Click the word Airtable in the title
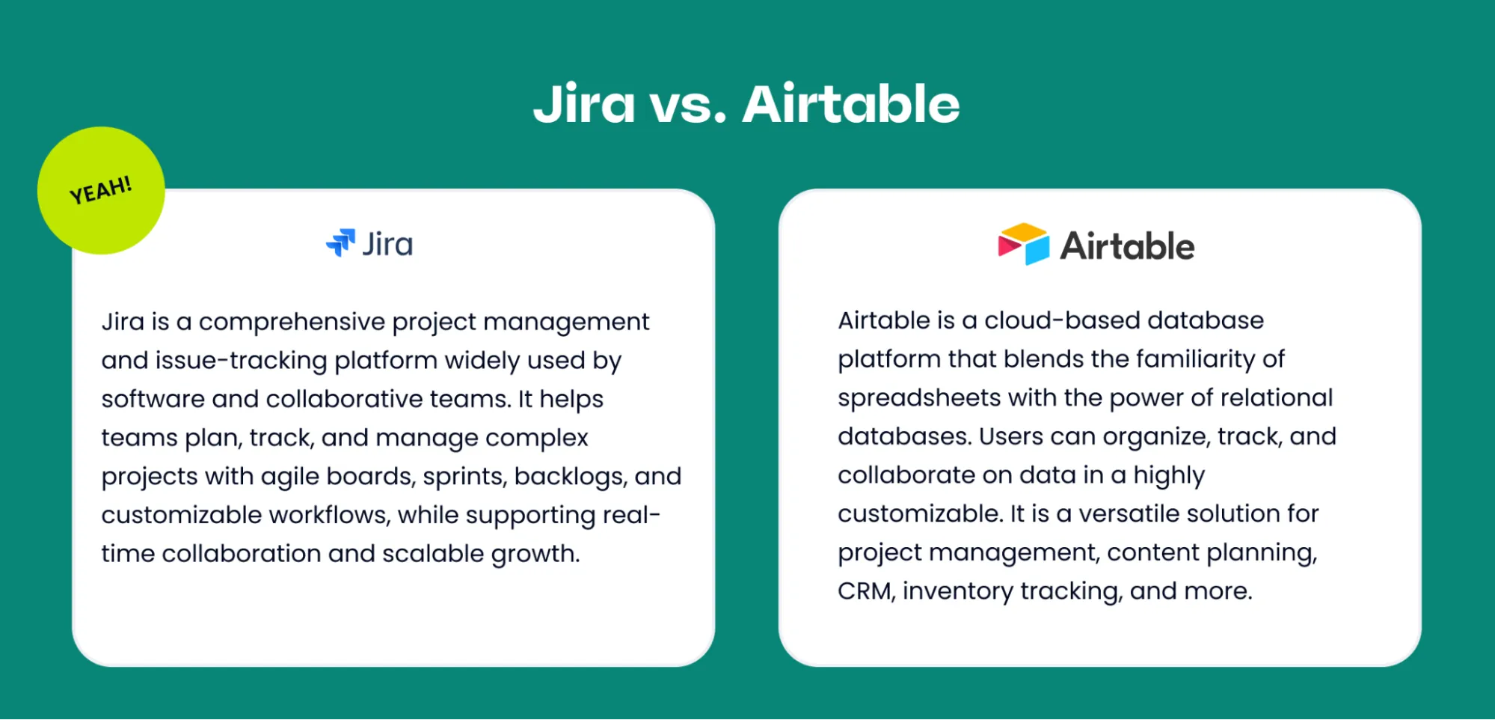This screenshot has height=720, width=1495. point(850,105)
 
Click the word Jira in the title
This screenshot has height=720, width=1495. point(584,105)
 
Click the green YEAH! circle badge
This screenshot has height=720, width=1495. point(101,191)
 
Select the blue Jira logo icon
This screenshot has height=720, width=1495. point(341,242)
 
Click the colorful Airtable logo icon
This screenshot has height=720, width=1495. point(1023,244)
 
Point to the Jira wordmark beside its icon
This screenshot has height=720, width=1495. point(387,245)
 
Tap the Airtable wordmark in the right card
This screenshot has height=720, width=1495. point(1127,246)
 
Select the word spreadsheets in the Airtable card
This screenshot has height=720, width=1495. point(919,398)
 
